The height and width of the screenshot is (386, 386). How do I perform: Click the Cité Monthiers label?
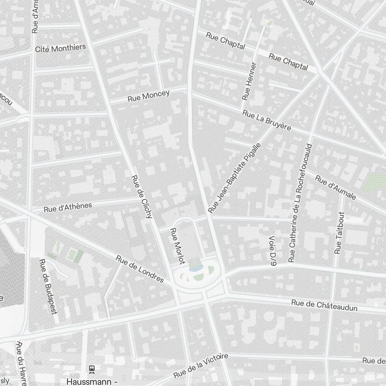(x=60, y=48)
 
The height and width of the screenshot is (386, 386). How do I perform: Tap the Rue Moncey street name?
(x=149, y=96)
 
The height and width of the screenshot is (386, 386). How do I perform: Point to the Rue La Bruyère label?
(x=267, y=120)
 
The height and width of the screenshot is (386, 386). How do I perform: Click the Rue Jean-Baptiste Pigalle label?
(x=235, y=178)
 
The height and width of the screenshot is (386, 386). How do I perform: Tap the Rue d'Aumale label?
(x=335, y=188)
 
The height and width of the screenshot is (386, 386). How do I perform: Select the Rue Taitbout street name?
(x=339, y=233)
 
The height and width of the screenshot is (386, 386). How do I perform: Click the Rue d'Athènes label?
(x=68, y=207)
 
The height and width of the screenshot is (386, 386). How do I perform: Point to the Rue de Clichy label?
(x=142, y=197)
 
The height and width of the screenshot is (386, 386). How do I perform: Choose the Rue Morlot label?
(x=176, y=245)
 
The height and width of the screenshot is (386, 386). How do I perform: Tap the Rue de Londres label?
(x=140, y=269)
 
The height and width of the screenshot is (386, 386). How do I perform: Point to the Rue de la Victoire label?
(x=201, y=366)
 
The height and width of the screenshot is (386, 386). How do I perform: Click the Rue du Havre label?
(x=22, y=363)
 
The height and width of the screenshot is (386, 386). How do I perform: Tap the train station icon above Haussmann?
(x=92, y=369)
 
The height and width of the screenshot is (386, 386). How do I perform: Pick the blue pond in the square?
(x=196, y=267)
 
